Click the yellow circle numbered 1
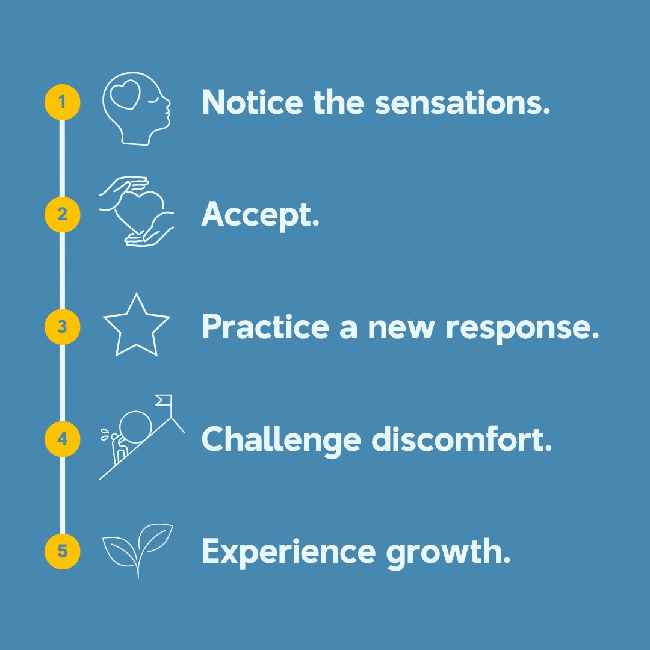tap(62, 102)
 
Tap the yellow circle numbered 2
tap(62, 214)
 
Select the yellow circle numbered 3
tap(62, 327)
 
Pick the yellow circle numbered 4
tap(62, 439)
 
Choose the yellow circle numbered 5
tap(62, 551)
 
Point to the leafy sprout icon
tap(138, 548)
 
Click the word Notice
tap(252, 102)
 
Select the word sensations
tap(462, 104)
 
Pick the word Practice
tap(265, 327)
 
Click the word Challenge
tap(280, 440)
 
